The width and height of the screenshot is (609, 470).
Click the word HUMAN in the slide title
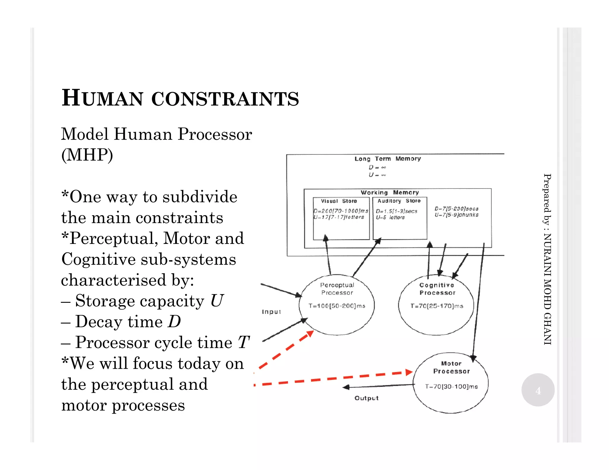(102, 98)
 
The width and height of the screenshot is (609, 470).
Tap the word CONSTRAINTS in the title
(225, 99)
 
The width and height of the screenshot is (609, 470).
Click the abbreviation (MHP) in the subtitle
(87, 155)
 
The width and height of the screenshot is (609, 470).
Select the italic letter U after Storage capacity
(216, 301)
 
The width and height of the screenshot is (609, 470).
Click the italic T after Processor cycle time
(243, 342)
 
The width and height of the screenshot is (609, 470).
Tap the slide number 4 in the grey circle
(538, 390)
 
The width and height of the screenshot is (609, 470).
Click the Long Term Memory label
(387, 159)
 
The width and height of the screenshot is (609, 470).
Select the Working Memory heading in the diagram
(390, 193)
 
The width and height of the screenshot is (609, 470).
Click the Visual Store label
(339, 201)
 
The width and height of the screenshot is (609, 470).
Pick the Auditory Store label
(399, 201)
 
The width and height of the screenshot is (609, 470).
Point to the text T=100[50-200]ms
(337, 306)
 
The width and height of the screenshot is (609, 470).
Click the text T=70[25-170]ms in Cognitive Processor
(437, 306)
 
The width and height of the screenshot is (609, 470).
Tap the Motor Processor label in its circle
(451, 368)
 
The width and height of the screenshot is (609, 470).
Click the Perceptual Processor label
(337, 289)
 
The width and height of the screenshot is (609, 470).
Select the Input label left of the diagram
(271, 312)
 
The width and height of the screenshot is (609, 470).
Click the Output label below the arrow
(366, 398)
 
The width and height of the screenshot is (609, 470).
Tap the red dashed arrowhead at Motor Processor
(409, 372)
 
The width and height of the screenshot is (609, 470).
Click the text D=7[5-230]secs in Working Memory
(456, 209)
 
